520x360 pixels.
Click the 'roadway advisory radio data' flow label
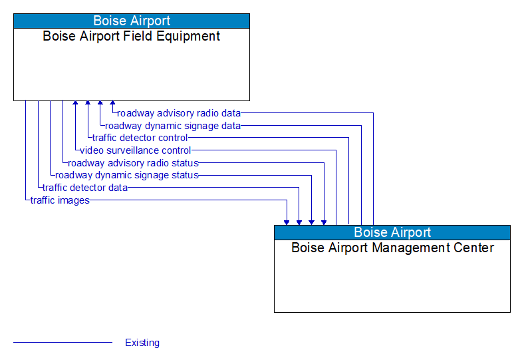click(x=179, y=113)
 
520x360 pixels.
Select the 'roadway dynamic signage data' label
click(x=173, y=125)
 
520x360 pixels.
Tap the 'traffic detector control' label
click(x=140, y=138)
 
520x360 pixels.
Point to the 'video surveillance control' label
click(x=136, y=150)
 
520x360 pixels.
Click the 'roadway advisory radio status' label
click(x=133, y=163)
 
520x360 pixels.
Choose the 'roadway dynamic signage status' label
click(x=127, y=175)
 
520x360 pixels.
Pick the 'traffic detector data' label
click(x=85, y=188)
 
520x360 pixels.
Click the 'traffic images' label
click(x=60, y=200)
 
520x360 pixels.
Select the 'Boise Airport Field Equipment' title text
click(x=132, y=37)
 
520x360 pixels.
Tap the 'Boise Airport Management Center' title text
click(x=392, y=248)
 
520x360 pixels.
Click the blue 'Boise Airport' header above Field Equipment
click(x=132, y=21)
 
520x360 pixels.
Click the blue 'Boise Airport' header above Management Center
click(x=392, y=232)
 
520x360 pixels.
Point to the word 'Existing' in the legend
click(x=142, y=343)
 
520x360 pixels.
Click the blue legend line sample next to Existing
click(x=63, y=343)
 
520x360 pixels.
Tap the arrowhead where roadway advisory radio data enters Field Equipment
click(x=112, y=104)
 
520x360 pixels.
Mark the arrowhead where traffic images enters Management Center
click(x=287, y=222)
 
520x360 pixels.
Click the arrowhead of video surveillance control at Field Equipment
click(x=75, y=104)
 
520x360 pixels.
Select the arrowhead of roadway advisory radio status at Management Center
click(x=324, y=222)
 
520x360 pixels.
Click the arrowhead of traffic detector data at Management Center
click(x=299, y=222)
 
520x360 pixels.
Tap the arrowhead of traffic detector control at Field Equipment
click(x=88, y=104)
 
